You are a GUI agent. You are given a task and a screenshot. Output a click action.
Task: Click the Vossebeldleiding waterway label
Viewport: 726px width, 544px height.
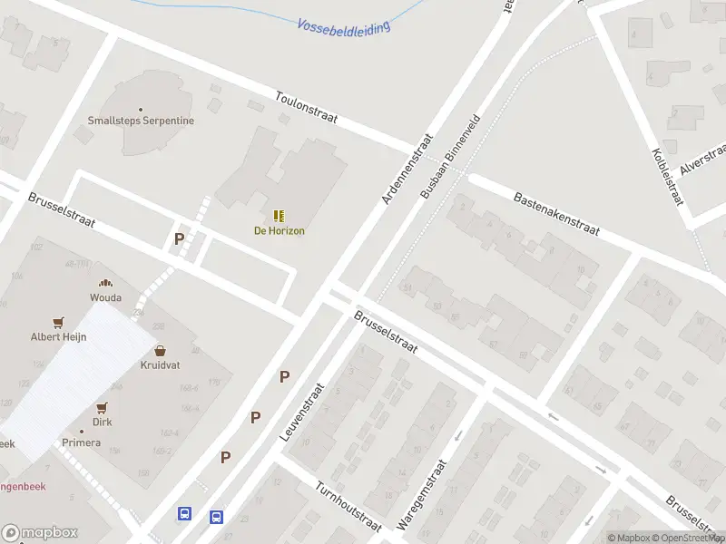click(344, 26)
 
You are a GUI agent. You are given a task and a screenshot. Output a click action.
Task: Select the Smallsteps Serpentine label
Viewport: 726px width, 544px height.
click(141, 120)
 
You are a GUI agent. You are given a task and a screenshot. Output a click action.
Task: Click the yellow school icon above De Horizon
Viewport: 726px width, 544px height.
click(279, 216)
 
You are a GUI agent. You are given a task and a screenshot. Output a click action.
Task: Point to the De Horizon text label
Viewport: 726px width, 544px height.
click(279, 230)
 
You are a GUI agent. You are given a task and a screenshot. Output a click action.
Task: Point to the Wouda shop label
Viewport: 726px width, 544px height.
click(105, 297)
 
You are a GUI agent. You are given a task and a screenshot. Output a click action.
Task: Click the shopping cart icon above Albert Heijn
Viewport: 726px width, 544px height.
click(59, 321)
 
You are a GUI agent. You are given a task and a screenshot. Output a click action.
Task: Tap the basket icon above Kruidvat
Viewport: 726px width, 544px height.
click(161, 350)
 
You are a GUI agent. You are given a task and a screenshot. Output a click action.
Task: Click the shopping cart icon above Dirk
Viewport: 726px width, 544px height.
click(102, 408)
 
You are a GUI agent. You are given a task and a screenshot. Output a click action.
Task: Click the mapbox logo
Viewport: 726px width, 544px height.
click(39, 533)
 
